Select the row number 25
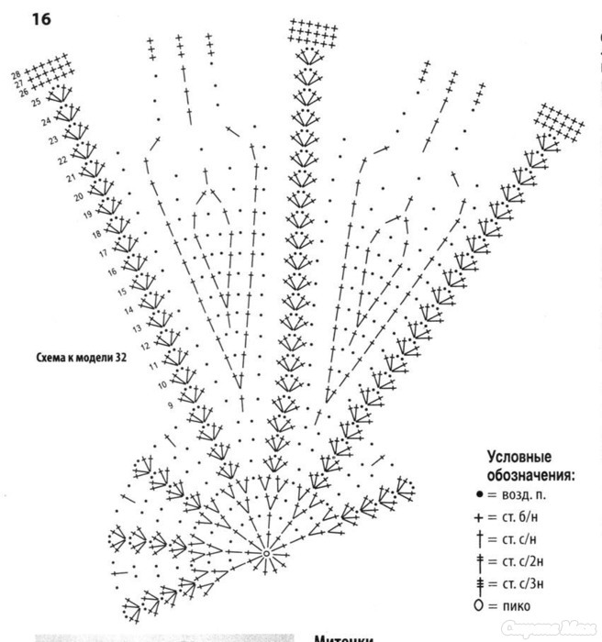pos(36,103)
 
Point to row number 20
pos(79,196)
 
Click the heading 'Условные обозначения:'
pos(530,466)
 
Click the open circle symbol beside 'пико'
pos(479,605)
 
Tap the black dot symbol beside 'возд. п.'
pos(479,494)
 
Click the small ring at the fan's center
pos(266,554)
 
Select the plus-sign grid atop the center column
pos(313,32)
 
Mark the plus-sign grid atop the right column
pos(559,119)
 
